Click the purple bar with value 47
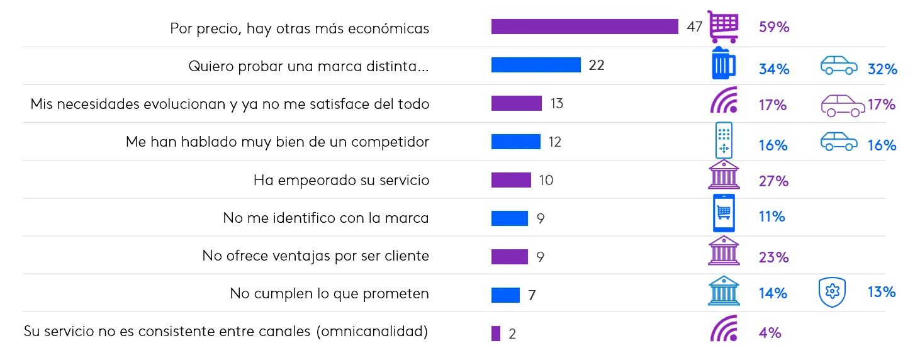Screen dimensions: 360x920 tap(585, 27)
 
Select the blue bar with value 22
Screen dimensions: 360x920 tap(536, 65)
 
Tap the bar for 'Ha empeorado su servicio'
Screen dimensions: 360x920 tap(511, 180)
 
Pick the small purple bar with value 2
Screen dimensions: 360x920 tap(496, 334)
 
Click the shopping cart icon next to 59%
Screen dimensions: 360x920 tap(723, 26)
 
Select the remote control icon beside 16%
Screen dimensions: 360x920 tap(724, 140)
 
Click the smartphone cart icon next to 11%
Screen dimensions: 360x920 tap(724, 213)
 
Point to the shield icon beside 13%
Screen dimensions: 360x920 tap(832, 293)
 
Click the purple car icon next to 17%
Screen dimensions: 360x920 tap(843, 105)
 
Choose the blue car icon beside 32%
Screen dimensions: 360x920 tap(839, 65)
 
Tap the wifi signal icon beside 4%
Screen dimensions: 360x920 tap(723, 328)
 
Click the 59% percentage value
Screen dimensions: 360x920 tap(774, 27)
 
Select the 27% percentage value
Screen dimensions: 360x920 tap(773, 181)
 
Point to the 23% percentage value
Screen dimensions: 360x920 tap(773, 257)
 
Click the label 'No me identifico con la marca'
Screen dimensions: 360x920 tap(326, 218)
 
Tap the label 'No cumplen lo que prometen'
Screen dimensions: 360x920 tap(329, 293)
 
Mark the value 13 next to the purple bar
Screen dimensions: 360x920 tap(556, 103)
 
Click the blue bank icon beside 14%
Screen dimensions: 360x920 tap(724, 291)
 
